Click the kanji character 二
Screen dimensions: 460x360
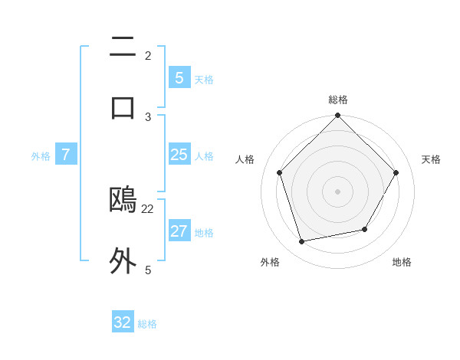[x=123, y=47]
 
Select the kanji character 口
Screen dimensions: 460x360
[x=123, y=106]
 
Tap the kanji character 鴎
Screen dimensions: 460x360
[x=123, y=200]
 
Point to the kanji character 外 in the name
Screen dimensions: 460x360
[x=123, y=260]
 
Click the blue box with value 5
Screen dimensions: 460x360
[x=179, y=77]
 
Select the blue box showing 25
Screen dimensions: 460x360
[x=179, y=155]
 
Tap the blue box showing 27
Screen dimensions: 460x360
[x=179, y=231]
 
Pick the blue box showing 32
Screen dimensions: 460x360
[x=123, y=322]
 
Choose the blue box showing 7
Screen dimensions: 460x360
[x=66, y=155]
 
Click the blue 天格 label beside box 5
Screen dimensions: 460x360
[x=204, y=79]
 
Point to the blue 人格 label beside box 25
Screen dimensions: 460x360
[x=204, y=156]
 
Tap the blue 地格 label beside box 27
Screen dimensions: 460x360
[x=204, y=233]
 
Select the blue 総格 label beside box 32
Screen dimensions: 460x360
[x=147, y=324]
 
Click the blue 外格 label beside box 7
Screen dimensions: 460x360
[x=41, y=156]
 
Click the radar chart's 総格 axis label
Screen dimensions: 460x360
[x=338, y=100]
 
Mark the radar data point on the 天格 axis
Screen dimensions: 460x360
[x=396, y=172]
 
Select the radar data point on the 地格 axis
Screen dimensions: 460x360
[x=365, y=229]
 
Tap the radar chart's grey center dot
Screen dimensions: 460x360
[x=337, y=191]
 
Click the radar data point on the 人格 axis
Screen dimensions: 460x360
[x=280, y=172]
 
